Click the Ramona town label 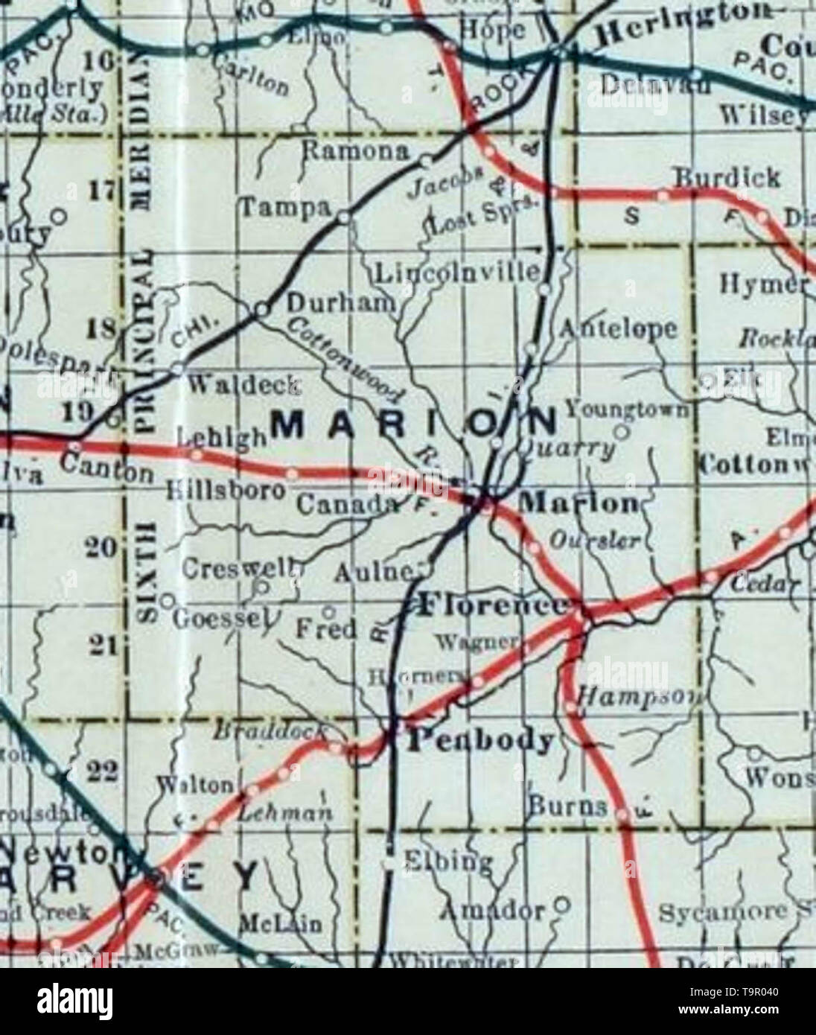[x=356, y=152]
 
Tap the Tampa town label [x=284, y=210]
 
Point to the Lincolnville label [x=456, y=273]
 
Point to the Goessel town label [x=221, y=618]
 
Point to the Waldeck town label [x=245, y=385]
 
